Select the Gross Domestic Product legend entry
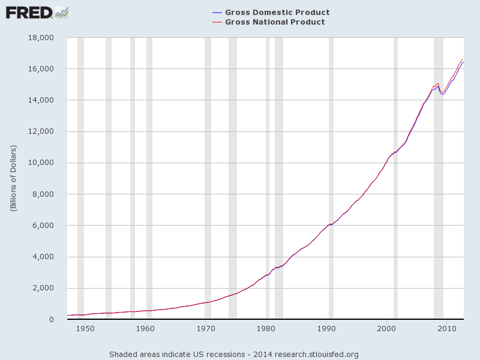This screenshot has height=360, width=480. point(277,13)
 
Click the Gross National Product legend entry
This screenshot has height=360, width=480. point(274,22)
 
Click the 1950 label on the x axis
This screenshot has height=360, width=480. point(85,328)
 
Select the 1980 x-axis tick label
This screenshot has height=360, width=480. point(266,328)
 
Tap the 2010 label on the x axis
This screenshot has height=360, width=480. point(446,328)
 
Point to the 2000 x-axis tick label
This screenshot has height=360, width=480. point(386,328)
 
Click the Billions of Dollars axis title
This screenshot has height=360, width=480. point(13,178)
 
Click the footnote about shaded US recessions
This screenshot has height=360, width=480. point(233,354)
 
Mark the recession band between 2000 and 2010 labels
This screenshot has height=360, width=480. point(395,180)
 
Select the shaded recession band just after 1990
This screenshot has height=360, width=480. point(331,180)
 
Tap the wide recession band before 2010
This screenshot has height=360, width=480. point(439,180)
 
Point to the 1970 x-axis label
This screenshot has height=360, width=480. point(205,328)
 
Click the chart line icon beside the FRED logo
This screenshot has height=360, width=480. point(61,12)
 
